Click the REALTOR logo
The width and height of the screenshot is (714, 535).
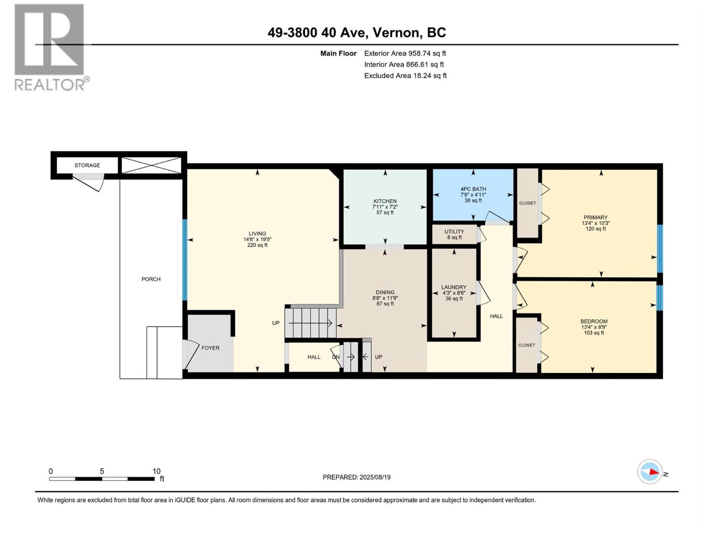(52, 47)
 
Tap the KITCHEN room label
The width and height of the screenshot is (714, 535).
(385, 202)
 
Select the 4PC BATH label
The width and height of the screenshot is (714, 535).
(473, 189)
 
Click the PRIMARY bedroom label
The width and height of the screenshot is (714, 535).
(595, 217)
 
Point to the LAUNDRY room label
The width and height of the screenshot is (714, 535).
(454, 287)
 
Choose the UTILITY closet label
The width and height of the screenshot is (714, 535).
(454, 231)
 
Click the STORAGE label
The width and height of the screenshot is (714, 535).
(87, 165)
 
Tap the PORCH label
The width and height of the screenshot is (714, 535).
(151, 279)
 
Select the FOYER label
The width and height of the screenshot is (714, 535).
(211, 348)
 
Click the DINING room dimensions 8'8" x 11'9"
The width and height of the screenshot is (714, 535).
(385, 298)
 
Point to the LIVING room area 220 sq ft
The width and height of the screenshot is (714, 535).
(257, 245)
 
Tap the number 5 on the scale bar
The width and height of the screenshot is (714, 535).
(102, 471)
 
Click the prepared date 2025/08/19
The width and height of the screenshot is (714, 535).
(375, 477)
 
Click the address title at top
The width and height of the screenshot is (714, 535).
(357, 33)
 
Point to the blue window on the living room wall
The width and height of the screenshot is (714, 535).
(184, 260)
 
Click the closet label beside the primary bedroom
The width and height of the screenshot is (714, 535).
(527, 203)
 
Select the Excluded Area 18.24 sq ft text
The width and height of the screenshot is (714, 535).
(405, 76)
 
